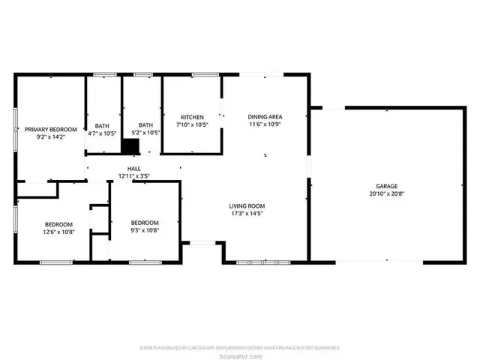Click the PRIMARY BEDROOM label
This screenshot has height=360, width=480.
(x=51, y=129)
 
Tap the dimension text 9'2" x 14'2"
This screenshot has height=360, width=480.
(x=51, y=136)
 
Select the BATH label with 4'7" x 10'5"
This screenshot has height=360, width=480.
(x=102, y=125)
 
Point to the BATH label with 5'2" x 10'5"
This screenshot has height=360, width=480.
(x=145, y=125)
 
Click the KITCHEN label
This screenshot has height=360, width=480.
(x=191, y=118)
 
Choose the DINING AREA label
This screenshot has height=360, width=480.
(x=265, y=117)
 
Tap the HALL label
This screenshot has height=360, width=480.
(x=134, y=169)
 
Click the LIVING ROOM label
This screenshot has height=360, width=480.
(x=247, y=205)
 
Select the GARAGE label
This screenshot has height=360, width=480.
(x=386, y=186)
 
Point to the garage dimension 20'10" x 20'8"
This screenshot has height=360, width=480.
(x=386, y=193)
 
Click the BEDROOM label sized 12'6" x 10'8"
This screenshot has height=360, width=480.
(x=58, y=224)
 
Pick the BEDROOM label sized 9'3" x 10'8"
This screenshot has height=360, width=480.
(x=145, y=223)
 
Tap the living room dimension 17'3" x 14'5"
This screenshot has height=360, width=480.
(x=247, y=213)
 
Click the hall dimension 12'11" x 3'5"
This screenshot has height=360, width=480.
(x=134, y=176)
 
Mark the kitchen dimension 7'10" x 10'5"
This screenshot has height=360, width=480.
(x=191, y=125)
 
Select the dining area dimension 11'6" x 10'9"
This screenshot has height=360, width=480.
(x=265, y=124)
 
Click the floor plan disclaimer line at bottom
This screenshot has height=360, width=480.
(x=240, y=348)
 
